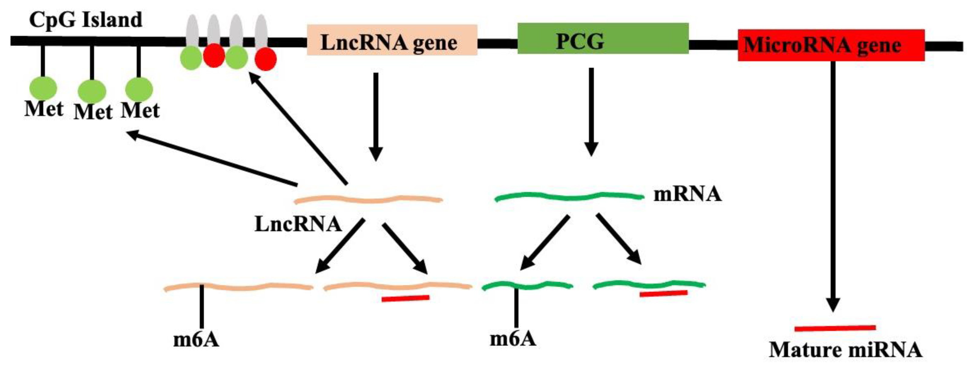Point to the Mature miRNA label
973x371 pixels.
(x=845, y=350)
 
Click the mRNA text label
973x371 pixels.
(x=687, y=194)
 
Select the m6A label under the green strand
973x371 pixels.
(x=513, y=339)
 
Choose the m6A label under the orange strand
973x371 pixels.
(x=196, y=340)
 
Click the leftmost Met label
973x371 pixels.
(x=44, y=109)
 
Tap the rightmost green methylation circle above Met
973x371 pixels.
(x=139, y=89)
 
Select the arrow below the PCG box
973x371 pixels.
(x=591, y=111)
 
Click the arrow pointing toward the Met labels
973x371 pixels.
(x=211, y=158)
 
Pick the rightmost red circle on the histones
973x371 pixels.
(x=266, y=59)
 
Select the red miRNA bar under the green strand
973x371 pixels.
(x=663, y=293)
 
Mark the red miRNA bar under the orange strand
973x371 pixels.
(x=405, y=298)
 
